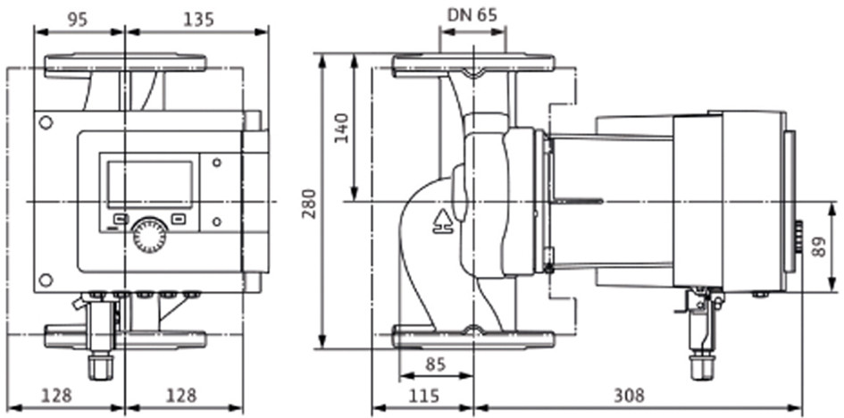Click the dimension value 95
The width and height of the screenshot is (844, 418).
[78, 20]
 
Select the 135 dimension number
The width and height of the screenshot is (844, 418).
[198, 20]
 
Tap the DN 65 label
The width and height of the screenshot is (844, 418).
[472, 15]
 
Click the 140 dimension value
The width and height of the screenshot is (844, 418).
[342, 128]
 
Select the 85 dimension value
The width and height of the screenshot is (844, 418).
[436, 364]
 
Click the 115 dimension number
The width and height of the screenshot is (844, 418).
[423, 397]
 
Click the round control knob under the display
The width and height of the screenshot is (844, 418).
[149, 235]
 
